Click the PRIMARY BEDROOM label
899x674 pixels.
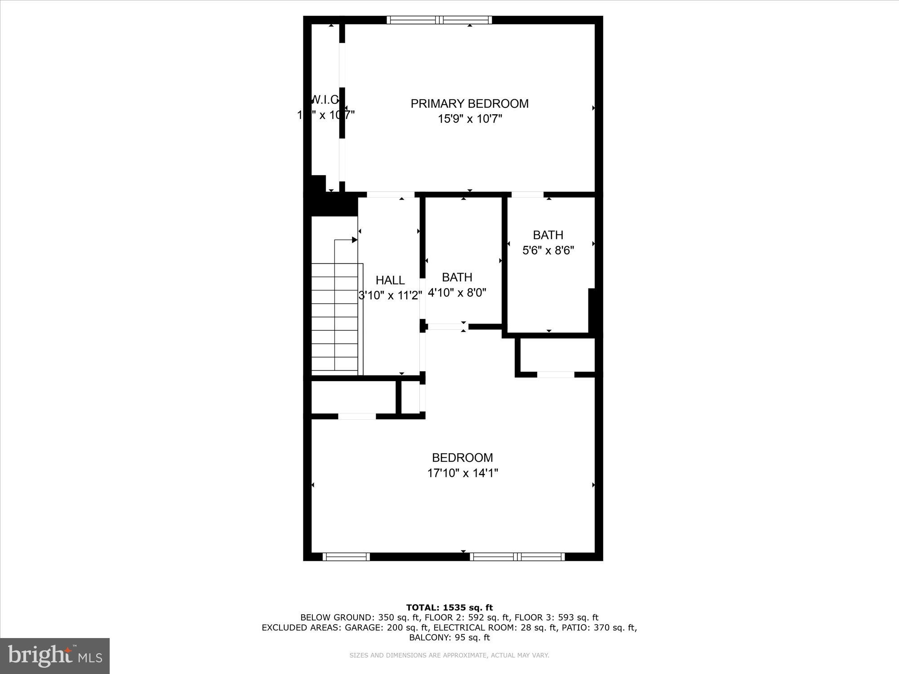[469, 104]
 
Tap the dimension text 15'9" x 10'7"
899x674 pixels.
[470, 119]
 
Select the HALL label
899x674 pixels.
[390, 280]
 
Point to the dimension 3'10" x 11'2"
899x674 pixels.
[390, 296]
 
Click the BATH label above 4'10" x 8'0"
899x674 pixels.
[457, 277]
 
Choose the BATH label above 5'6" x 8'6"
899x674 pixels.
[548, 235]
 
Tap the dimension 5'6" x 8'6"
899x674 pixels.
[548, 250]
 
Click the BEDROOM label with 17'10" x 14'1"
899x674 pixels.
[462, 458]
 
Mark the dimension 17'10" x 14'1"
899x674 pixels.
[463, 473]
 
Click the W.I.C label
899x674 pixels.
[325, 99]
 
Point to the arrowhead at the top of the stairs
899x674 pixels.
[355, 240]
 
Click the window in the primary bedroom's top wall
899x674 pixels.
[439, 20]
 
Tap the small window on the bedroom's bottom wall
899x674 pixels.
[346, 557]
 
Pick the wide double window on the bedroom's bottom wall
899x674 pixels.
[517, 557]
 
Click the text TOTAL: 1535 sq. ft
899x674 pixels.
[449, 608]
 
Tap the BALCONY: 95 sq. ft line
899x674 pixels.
[449, 638]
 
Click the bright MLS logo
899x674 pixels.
[55, 656]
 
